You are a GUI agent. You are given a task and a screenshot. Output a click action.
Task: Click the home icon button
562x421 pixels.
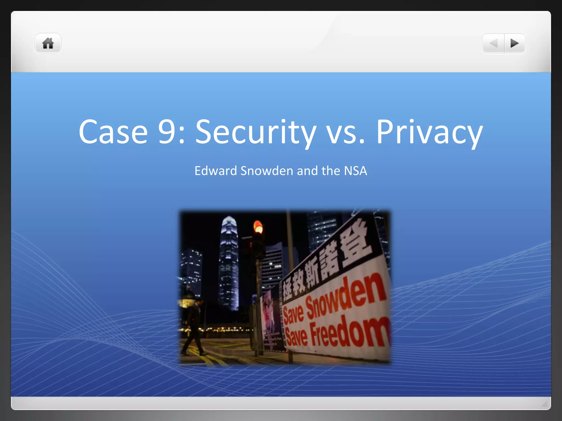(48, 43)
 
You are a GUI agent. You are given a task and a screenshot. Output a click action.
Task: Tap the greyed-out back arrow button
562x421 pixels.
(493, 43)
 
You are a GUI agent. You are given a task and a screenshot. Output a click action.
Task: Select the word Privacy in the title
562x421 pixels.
(429, 132)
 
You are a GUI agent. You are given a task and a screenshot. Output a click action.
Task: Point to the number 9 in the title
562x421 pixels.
(167, 132)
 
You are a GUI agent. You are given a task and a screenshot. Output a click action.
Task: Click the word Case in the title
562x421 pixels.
(113, 132)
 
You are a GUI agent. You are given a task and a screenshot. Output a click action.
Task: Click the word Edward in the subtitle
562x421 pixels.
(216, 171)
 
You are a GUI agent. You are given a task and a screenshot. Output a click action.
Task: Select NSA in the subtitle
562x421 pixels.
(355, 171)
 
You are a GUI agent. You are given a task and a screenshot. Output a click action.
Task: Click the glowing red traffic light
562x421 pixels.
(258, 227)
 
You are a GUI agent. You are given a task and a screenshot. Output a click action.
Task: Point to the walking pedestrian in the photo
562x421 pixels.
(194, 326)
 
